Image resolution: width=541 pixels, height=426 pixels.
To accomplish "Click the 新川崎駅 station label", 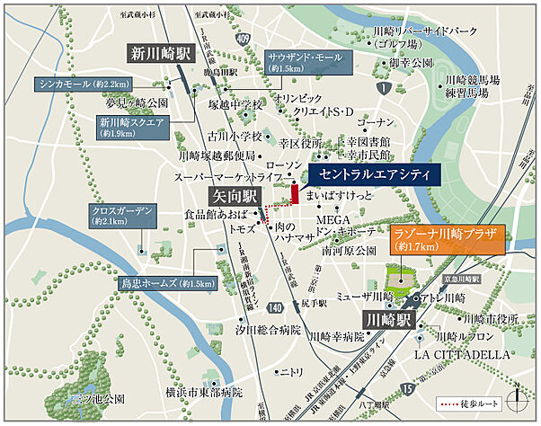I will tap(160, 52).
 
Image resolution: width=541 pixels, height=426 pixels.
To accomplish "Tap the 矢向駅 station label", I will tap(233, 195).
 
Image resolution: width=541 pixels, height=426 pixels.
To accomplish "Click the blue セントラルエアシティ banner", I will tap(368, 173).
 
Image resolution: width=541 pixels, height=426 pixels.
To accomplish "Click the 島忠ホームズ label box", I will tap(167, 283).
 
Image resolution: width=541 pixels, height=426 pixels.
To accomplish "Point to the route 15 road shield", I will tap(406, 387).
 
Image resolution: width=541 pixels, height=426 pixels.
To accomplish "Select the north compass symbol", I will tap(520, 396).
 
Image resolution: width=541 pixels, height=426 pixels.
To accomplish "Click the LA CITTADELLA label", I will tap(461, 356).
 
